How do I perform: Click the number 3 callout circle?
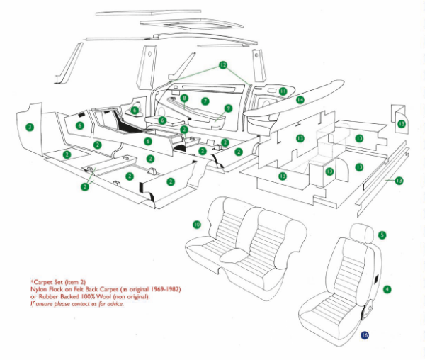29,128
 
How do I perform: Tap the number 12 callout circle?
222,64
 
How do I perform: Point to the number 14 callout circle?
300,101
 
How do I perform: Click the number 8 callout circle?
184,98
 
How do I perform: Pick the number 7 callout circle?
204,102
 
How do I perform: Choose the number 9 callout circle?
228,108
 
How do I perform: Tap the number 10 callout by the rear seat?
196,224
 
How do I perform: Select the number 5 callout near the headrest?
382,235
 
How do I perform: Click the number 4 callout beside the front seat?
387,289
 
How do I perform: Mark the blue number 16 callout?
365,334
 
